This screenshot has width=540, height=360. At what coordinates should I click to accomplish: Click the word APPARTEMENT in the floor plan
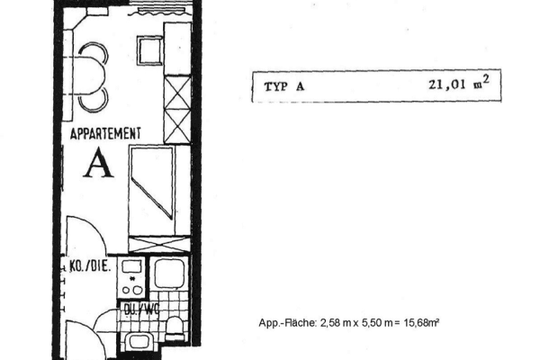pyautogui.click(x=105, y=133)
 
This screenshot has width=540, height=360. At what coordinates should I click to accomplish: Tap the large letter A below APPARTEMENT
pyautogui.click(x=98, y=163)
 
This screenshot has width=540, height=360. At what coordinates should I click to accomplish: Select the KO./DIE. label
pyautogui.click(x=90, y=266)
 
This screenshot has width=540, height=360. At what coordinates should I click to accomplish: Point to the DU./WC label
pyautogui.click(x=141, y=310)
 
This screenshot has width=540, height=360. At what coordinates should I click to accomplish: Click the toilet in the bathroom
pyautogui.click(x=175, y=328)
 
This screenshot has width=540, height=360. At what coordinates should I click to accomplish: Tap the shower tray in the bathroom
pyautogui.click(x=169, y=274)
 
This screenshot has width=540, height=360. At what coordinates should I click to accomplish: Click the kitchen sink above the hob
pyautogui.click(x=132, y=266)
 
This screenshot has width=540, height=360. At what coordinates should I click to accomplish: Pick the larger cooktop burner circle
pyautogui.click(x=138, y=291)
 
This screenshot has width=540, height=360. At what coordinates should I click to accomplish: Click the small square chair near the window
pyautogui.click(x=149, y=50)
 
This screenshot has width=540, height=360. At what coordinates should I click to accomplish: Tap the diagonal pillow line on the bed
pyautogui.click(x=152, y=199)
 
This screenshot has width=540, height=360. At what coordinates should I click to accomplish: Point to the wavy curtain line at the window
pyautogui.click(x=158, y=13)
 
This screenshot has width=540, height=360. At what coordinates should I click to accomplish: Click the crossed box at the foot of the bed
pyautogui.click(x=159, y=244)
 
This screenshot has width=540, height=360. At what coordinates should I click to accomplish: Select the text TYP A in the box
pyautogui.click(x=284, y=86)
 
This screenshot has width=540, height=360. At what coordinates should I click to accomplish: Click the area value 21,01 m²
pyautogui.click(x=459, y=84)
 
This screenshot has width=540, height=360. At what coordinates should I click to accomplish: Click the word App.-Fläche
pyautogui.click(x=287, y=323)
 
